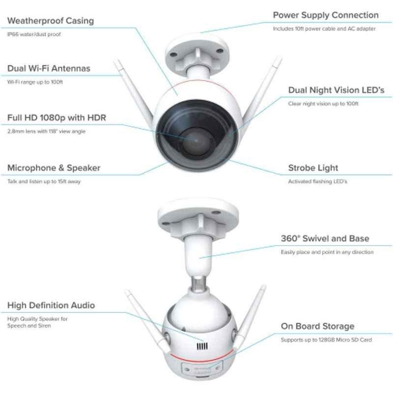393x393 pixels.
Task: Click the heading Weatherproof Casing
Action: coord(51,21)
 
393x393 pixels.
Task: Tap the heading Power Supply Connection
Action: coord(326,15)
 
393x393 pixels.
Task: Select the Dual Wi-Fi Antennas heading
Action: coord(49,68)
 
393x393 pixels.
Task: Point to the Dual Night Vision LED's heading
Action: coord(336,90)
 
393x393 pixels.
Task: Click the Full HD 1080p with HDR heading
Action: coord(56,117)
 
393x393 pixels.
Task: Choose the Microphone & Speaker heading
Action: coord(54,168)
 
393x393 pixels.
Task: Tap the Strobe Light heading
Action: coord(313,168)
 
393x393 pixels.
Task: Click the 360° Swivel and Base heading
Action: coord(325,238)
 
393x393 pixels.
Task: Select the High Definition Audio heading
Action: coord(51,305)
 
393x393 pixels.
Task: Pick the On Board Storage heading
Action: coord(317,326)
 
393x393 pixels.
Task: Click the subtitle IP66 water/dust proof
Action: coord(34,34)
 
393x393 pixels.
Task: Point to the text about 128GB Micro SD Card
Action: coord(326,340)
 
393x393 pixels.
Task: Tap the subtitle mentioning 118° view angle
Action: coord(46,131)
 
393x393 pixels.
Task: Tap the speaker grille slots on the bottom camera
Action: coord(202,346)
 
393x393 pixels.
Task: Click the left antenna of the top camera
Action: coord(134,92)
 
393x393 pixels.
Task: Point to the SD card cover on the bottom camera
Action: coord(202,368)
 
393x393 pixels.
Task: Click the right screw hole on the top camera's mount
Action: coord(220,51)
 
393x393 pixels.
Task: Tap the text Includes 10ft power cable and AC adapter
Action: coord(324,29)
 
